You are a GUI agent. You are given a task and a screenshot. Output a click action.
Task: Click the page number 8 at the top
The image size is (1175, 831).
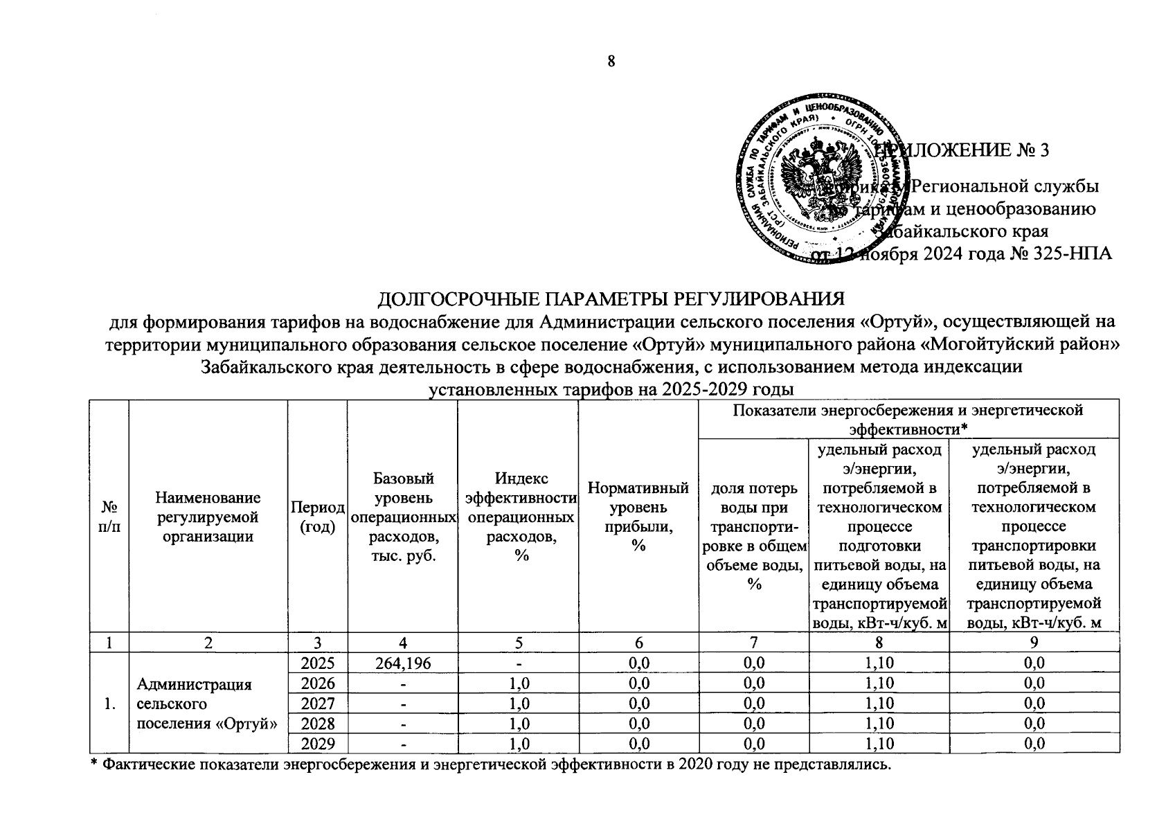(x=611, y=61)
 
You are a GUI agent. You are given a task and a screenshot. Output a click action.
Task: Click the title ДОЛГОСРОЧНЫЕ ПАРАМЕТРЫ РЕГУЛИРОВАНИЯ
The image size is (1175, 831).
(x=611, y=299)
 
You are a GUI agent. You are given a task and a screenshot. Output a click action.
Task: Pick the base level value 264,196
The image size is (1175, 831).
(x=402, y=663)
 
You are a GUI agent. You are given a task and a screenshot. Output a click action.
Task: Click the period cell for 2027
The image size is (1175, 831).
(x=318, y=704)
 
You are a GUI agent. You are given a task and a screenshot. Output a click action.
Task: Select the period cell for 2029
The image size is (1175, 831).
(x=318, y=744)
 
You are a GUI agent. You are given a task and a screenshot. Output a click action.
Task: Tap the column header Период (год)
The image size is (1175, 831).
(x=318, y=517)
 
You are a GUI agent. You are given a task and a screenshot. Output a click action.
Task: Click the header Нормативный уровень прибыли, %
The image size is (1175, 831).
(x=638, y=517)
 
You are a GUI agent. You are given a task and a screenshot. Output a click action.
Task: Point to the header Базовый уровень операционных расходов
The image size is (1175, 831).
(x=403, y=517)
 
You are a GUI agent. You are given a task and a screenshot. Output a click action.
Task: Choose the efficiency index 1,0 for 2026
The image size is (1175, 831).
(x=518, y=683)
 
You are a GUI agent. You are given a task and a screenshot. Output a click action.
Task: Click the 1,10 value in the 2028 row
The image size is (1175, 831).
(x=879, y=724)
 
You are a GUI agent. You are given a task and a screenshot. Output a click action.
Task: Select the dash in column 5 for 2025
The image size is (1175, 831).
(x=518, y=663)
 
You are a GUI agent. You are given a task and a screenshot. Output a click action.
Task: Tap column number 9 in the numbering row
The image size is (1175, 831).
(x=1033, y=643)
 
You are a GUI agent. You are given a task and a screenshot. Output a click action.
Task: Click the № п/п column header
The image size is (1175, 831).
(x=109, y=517)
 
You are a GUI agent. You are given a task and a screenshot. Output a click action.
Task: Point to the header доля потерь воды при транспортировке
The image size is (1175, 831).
(x=753, y=536)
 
